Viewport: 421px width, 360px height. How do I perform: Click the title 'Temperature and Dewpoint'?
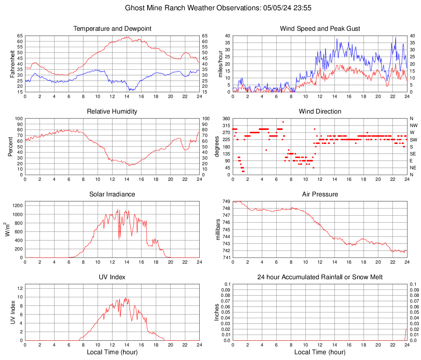(112, 29)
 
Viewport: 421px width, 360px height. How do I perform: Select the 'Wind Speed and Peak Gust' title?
(320, 29)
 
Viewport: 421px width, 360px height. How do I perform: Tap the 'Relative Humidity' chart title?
(112, 112)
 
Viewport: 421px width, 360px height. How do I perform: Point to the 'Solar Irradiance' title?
(112, 194)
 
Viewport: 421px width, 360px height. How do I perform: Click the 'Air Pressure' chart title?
(320, 194)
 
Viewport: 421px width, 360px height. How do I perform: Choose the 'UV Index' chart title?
(112, 277)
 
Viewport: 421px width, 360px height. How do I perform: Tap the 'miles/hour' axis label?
(221, 64)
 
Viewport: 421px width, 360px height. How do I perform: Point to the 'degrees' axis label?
(217, 146)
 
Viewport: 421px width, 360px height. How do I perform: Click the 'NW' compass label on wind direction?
(414, 125)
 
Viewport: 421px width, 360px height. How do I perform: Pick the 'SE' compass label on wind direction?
(413, 154)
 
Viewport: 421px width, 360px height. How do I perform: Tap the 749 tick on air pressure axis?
(226, 202)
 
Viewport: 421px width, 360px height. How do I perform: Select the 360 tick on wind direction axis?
(226, 118)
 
